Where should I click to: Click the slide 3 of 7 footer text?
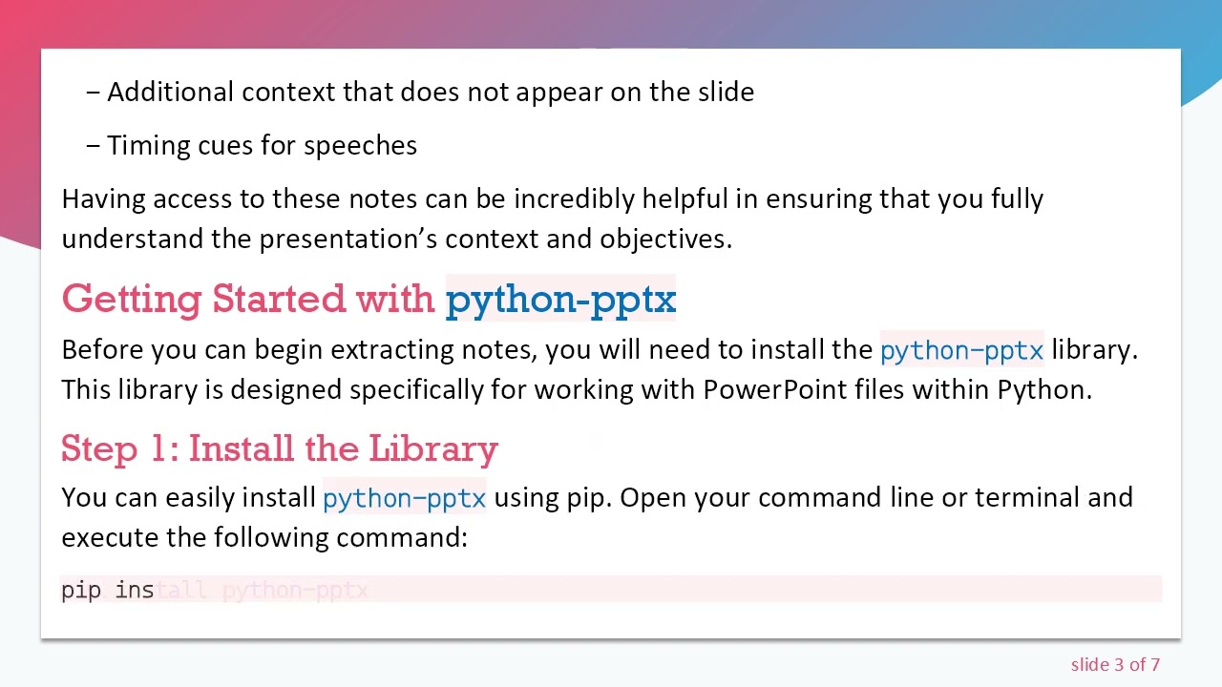pyautogui.click(x=1115, y=664)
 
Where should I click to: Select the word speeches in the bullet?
pyautogui.click(x=360, y=145)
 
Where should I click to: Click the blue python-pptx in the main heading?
pyautogui.click(x=560, y=300)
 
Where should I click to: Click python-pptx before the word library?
pyautogui.click(x=961, y=350)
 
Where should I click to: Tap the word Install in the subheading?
pyautogui.click(x=242, y=448)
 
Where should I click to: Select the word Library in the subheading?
pyautogui.click(x=433, y=448)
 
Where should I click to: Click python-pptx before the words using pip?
pyautogui.click(x=404, y=498)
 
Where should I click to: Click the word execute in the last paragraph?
pyautogui.click(x=109, y=537)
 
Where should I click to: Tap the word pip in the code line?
pyautogui.click(x=81, y=591)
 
